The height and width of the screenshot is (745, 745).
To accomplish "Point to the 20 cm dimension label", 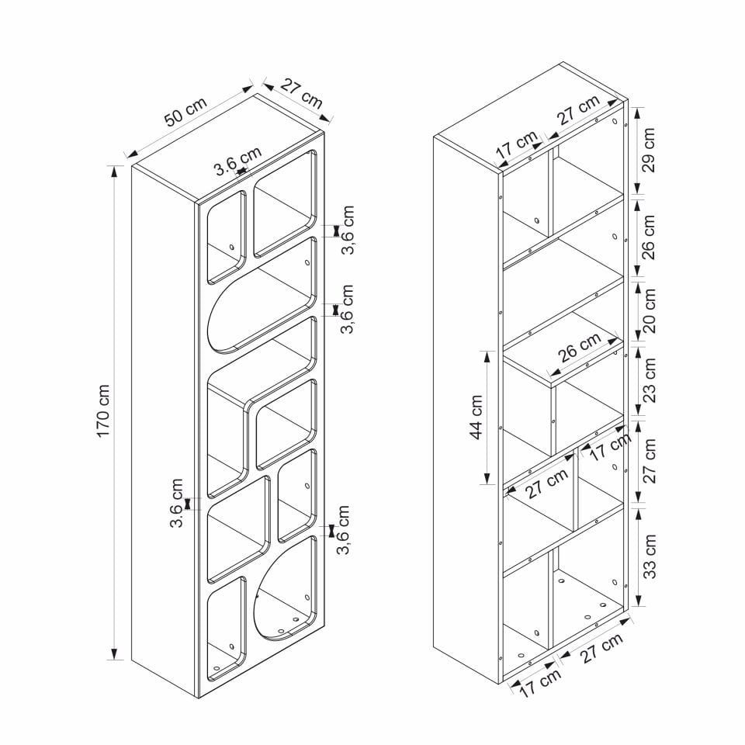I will point(649,310).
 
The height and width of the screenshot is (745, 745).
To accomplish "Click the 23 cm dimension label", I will point(649,379).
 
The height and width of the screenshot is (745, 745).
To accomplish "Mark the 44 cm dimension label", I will point(476,417).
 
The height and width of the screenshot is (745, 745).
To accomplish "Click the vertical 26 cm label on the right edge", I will point(649,237).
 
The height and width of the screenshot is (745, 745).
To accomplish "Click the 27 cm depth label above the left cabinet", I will point(301,94).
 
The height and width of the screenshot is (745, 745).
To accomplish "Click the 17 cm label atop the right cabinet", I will point(516,145).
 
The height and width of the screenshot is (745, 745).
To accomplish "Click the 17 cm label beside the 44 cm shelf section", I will point(611,446).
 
